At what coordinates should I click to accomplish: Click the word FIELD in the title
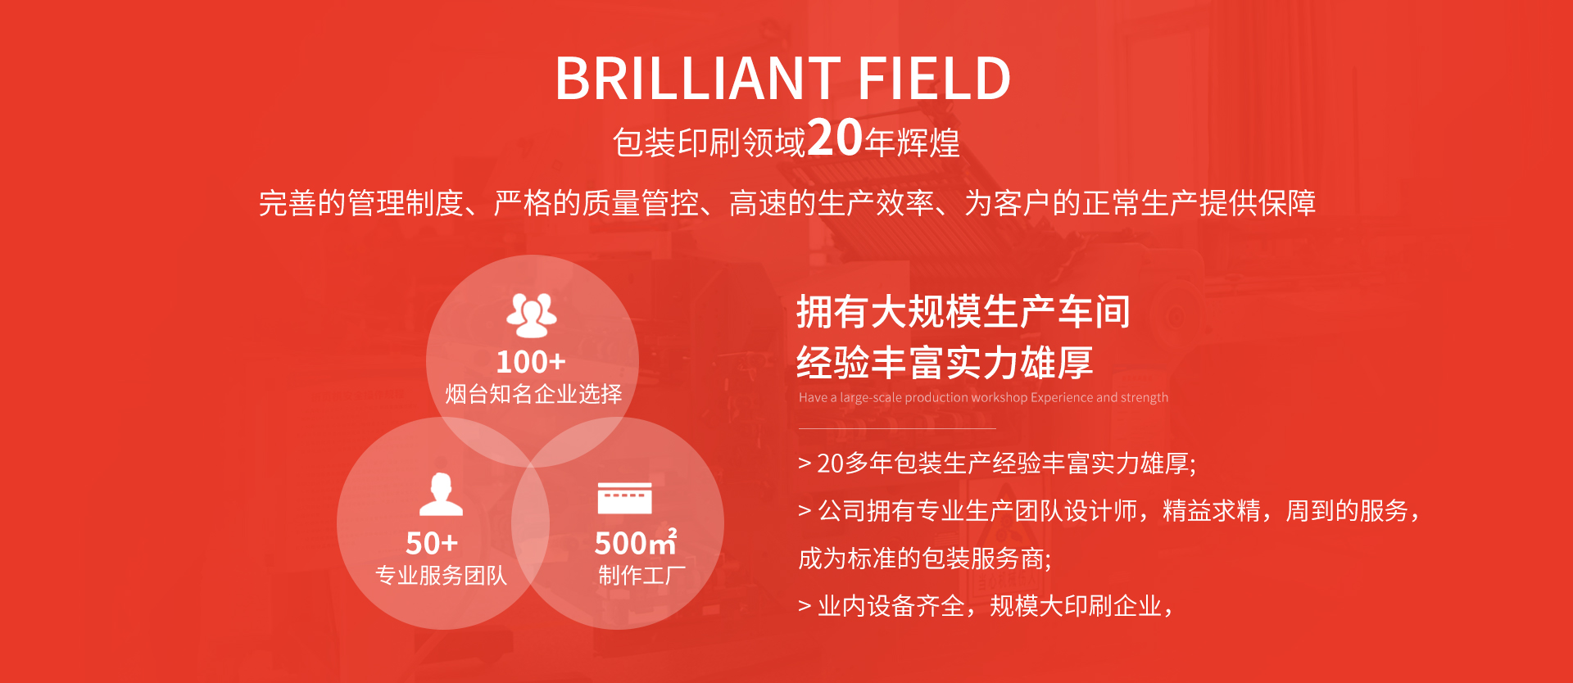(x=935, y=79)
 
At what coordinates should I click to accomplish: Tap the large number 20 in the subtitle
(x=835, y=137)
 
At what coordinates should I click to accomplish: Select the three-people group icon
(x=532, y=315)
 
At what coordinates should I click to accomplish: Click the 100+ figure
(x=531, y=362)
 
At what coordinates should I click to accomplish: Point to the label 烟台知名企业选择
(x=533, y=394)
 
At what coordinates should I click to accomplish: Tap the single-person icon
(x=441, y=495)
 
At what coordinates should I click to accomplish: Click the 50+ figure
(x=432, y=543)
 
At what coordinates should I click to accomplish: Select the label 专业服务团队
(x=441, y=576)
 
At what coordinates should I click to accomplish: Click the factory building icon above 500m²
(x=624, y=498)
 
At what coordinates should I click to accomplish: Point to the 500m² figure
(x=636, y=542)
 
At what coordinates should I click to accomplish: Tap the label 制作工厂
(x=641, y=576)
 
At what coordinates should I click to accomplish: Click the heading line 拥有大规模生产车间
(x=963, y=312)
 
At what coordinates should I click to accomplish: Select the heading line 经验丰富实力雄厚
(x=945, y=363)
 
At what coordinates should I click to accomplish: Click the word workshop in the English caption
(x=999, y=397)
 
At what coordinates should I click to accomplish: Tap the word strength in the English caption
(x=1145, y=397)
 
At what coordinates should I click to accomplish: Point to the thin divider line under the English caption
(x=897, y=428)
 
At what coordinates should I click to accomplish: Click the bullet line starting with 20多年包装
(x=997, y=464)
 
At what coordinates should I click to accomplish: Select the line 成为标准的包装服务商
(x=925, y=559)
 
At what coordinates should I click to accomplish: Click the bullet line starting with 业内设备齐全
(x=986, y=606)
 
